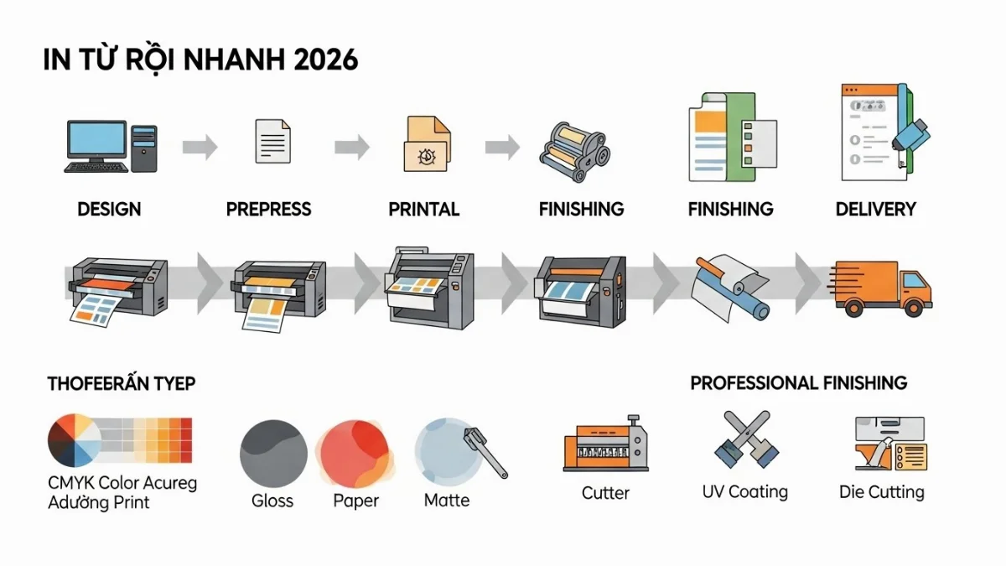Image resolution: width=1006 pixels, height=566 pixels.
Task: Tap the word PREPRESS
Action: point(268,209)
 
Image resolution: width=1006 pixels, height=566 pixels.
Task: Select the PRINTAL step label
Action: point(424,209)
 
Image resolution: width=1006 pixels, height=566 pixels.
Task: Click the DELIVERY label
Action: point(875,209)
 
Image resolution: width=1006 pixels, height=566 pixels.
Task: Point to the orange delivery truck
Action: point(883,286)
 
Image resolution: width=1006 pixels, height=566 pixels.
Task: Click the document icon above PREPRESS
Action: point(273,141)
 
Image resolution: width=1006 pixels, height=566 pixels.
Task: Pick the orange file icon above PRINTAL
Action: point(428,143)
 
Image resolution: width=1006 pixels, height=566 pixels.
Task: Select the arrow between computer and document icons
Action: point(200,148)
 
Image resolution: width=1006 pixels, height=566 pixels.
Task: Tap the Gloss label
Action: point(272,501)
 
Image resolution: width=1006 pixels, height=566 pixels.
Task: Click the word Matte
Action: point(447,501)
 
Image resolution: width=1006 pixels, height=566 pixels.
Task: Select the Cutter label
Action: point(605,493)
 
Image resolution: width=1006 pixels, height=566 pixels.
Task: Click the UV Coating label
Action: point(744,491)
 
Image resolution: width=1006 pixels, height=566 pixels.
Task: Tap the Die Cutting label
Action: point(881,491)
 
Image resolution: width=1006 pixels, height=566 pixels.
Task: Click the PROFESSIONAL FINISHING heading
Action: point(798,383)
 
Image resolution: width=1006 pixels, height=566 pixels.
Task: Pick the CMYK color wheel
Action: point(74,441)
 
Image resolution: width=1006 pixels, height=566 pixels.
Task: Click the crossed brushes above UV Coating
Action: point(743,440)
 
